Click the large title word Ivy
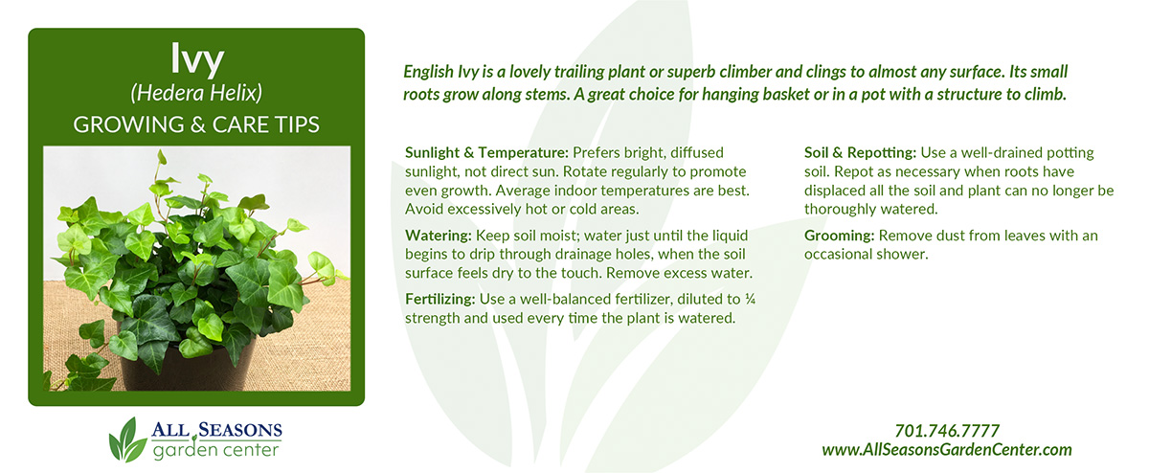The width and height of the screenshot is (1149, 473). tap(197, 59)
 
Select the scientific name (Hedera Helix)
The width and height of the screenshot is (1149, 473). tap(196, 94)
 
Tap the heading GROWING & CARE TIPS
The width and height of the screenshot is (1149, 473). tap(196, 124)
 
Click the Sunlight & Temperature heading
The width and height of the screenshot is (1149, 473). tap(486, 153)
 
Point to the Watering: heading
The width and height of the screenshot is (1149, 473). tap(439, 236)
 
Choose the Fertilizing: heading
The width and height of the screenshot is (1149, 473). tap(440, 300)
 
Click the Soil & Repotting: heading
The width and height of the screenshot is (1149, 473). tap(860, 153)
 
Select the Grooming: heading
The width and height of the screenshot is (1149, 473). tap(839, 236)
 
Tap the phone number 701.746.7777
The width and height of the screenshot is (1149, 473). tap(947, 431)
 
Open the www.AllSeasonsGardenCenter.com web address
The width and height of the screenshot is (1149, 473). tap(947, 450)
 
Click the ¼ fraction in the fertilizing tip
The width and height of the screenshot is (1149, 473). tap(750, 299)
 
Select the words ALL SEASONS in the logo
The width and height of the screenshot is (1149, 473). tap(216, 430)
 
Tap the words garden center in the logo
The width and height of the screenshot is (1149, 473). tap(216, 451)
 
